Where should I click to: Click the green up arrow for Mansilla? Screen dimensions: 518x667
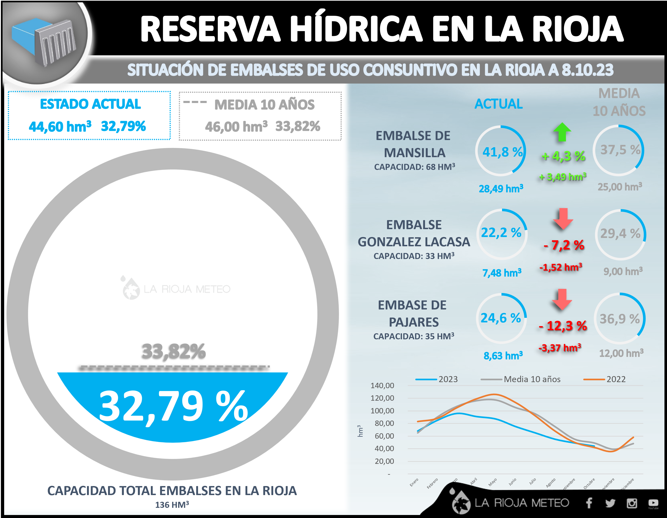tap(562, 132)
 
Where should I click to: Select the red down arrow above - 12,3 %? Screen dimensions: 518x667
tap(562, 299)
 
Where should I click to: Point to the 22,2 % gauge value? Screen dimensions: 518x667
tap(501, 233)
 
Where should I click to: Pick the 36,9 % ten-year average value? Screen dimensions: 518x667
tap(620, 319)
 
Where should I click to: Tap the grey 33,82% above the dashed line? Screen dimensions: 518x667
tap(174, 351)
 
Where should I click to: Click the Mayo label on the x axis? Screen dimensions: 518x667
tap(492, 482)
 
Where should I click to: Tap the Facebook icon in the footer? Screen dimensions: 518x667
tap(589, 503)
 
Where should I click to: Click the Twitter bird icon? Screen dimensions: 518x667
tap(610, 503)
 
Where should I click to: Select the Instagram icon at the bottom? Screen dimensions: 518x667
tap(632, 503)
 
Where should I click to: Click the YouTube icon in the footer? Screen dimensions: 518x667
tap(653, 503)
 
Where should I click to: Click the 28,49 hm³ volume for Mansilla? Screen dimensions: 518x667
tap(501, 189)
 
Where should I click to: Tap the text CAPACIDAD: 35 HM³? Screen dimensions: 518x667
tap(413, 336)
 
